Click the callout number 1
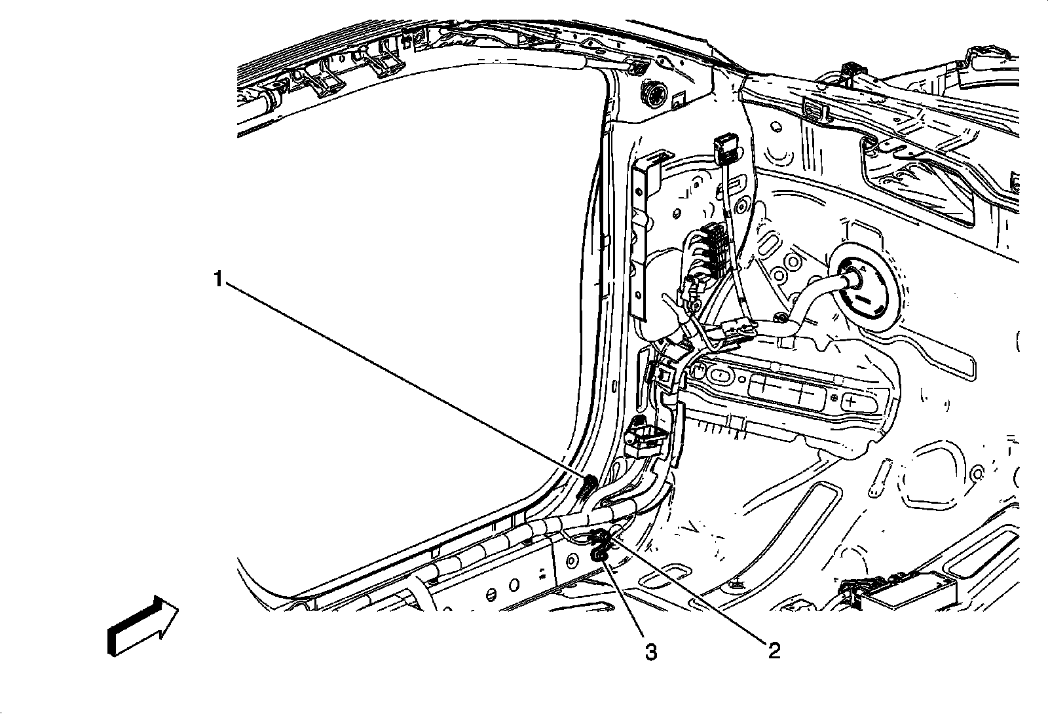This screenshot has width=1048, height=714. point(218,279)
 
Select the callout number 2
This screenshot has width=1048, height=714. point(774,650)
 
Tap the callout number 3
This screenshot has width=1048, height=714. point(651,652)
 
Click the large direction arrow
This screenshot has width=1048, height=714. point(143,625)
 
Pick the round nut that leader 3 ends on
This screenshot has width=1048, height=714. point(597,556)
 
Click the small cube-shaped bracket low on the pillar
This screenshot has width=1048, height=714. point(645,438)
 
